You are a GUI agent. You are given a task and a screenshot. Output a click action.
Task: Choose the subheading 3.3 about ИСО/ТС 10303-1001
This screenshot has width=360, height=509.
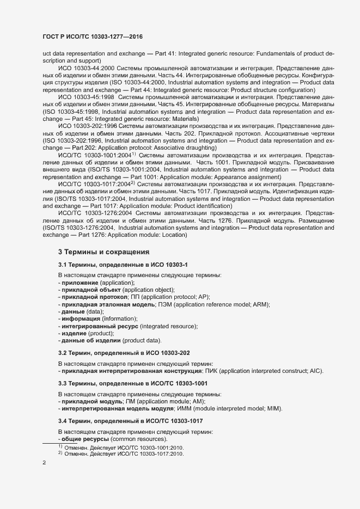click(x=132, y=384)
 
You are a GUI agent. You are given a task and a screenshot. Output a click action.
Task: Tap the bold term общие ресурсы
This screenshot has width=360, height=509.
click(x=85, y=439)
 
